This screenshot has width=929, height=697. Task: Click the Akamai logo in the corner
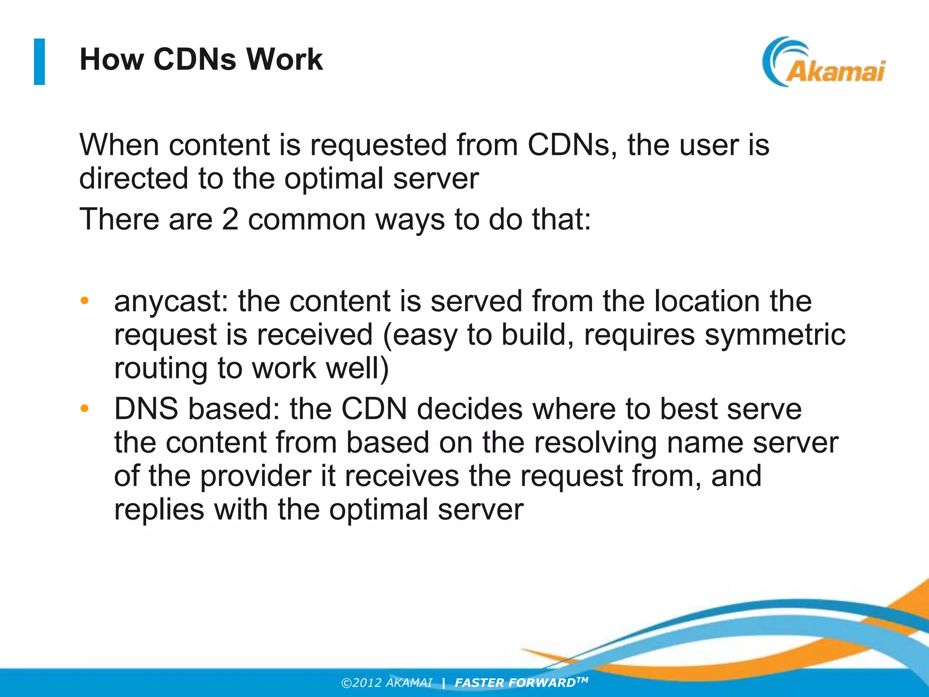(x=823, y=63)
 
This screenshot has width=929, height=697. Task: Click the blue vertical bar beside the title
(x=39, y=62)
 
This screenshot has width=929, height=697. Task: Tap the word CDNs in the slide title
(x=195, y=59)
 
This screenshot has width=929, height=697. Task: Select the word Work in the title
(x=284, y=59)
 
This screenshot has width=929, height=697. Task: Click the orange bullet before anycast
(x=84, y=301)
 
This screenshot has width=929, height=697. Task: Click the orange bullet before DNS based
(x=84, y=409)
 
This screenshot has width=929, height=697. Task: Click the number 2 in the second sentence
(x=230, y=220)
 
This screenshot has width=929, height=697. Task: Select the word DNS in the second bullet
(x=146, y=409)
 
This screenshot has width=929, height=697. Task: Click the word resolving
(x=595, y=442)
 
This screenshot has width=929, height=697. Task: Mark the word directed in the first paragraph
(x=133, y=178)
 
